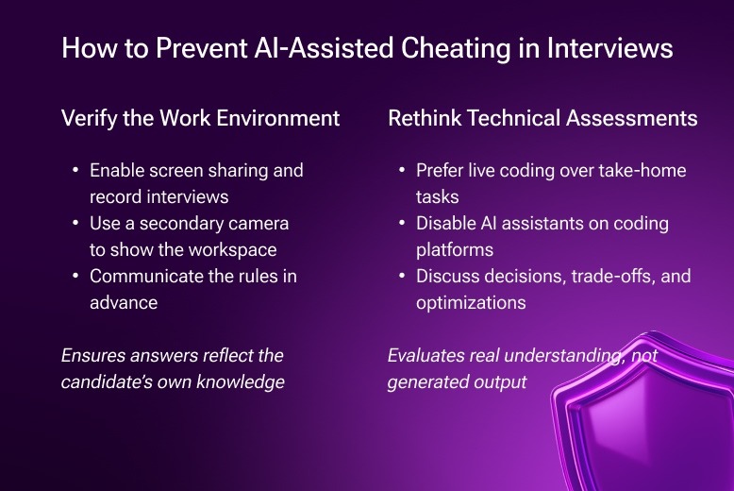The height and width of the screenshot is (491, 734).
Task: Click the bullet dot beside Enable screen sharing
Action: pyautogui.click(x=75, y=171)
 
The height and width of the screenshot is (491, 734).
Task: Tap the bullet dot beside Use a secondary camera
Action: pyautogui.click(x=75, y=224)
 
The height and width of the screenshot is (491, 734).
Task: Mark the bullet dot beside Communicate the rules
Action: pyautogui.click(x=75, y=277)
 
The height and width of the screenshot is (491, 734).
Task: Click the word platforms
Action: pyautogui.click(x=456, y=250)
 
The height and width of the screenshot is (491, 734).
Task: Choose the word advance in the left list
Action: pyautogui.click(x=122, y=303)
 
